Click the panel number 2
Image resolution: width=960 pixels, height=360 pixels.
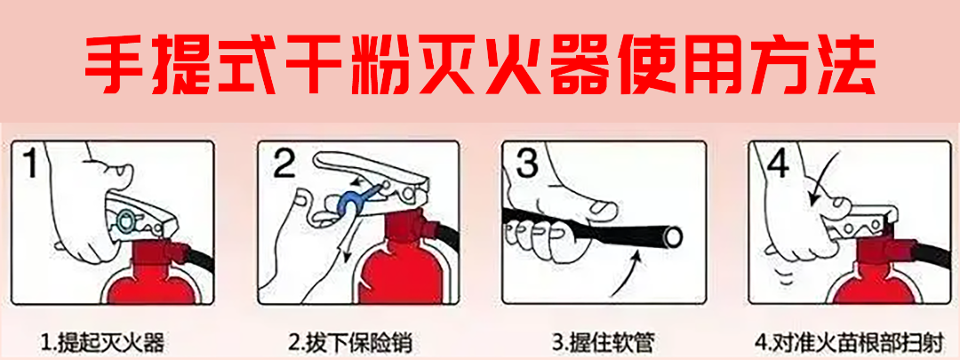pyautogui.click(x=284, y=165)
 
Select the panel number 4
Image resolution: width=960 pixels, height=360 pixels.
pyautogui.click(x=777, y=166)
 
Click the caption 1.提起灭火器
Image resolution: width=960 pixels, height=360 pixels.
pyautogui.click(x=103, y=341)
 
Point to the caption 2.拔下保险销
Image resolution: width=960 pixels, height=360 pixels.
pyautogui.click(x=351, y=341)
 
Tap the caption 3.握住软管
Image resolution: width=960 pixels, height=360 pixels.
pyautogui.click(x=594, y=341)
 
